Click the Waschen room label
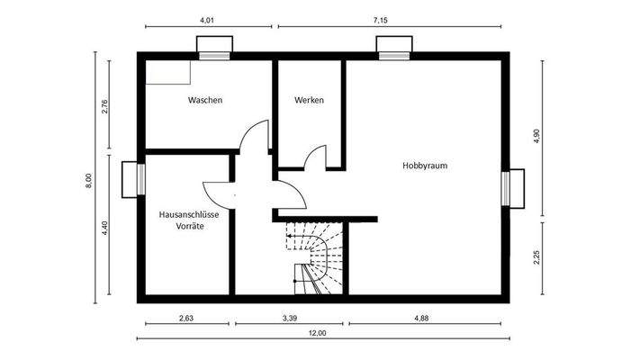204,100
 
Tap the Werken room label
309,100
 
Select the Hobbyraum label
425,166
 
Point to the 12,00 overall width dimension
317,333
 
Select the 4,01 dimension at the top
206,18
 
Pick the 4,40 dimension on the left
104,228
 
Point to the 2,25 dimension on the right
536,257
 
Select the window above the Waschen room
214,48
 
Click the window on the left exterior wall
133,177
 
